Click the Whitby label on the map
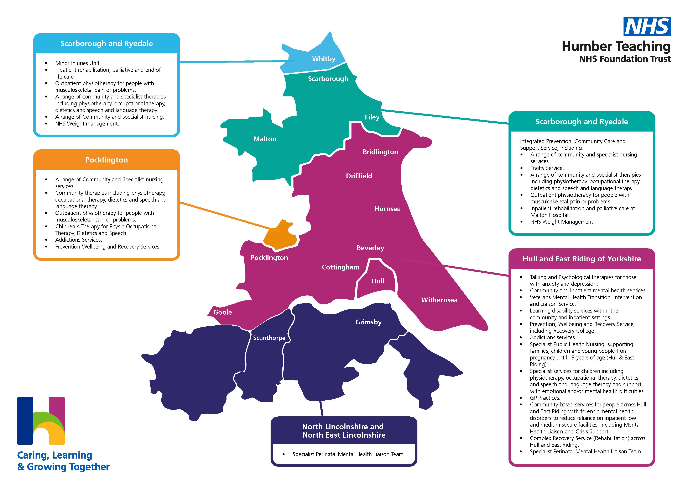click(324, 59)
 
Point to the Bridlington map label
click(380, 152)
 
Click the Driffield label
click(359, 176)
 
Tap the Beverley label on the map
click(370, 248)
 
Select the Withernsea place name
click(439, 300)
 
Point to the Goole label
click(222, 312)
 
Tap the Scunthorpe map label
click(269, 338)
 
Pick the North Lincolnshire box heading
click(343, 431)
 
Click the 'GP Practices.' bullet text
click(544, 398)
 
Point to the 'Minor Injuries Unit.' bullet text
click(78, 63)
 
